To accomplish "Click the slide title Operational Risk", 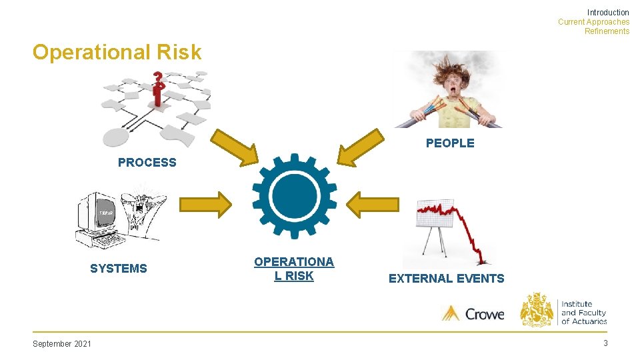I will pos(117,52).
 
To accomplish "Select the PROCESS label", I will pos(147,162).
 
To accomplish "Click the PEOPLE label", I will pos(450,143).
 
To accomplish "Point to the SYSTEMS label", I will pos(118,268).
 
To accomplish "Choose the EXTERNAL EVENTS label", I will pos(446,279).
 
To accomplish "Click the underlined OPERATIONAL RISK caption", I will pos(293,269).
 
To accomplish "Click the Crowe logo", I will pos(473,313).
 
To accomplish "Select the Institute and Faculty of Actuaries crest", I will pos(537,309).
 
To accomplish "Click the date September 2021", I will pos(62,343).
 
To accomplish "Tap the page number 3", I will pos(605,343).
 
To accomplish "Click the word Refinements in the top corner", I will pos(607,31).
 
